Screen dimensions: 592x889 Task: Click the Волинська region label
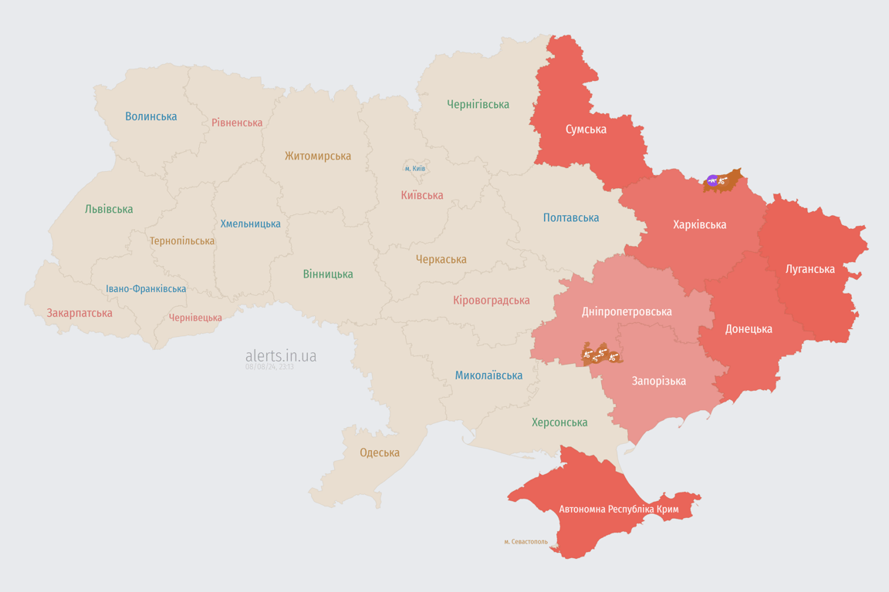tap(151, 116)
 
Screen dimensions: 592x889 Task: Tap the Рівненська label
tap(237, 123)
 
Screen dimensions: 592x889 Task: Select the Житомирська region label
tap(317, 156)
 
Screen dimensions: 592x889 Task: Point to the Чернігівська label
tap(478, 104)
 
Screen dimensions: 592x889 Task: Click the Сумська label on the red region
tap(586, 129)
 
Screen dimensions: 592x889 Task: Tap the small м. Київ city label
tap(414, 168)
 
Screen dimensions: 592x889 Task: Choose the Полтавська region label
tap(570, 217)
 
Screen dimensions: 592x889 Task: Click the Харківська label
tap(699, 224)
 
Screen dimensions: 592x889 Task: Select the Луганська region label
tap(810, 269)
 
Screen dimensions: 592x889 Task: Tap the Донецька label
tap(748, 329)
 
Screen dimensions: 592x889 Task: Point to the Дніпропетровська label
tap(626, 311)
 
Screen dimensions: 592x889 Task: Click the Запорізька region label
tap(658, 381)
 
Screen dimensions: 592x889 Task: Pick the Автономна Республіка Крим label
tap(617, 510)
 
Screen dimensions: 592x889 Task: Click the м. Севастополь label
tap(526, 542)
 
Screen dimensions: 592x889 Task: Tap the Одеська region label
tap(380, 452)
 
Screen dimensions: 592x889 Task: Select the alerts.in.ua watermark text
tap(280, 355)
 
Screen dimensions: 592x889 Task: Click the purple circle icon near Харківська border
tap(712, 181)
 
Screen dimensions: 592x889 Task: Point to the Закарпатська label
tap(79, 313)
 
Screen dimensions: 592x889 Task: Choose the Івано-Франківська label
tap(146, 289)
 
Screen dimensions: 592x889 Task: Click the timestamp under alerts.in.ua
tap(269, 367)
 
